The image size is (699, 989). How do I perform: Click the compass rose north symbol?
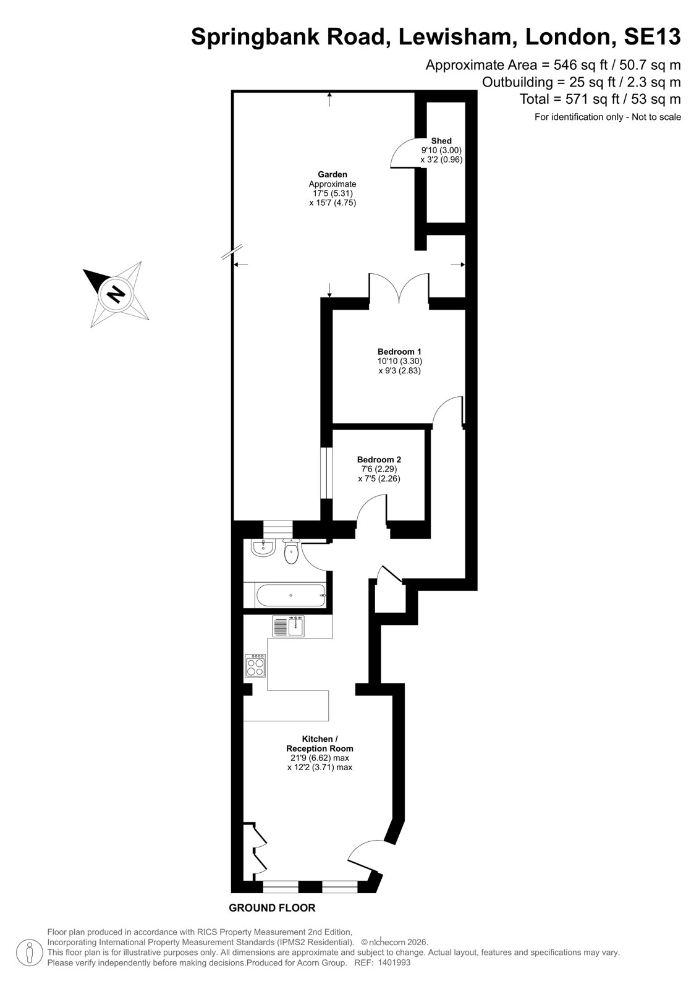116,294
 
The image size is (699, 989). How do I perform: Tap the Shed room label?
441,141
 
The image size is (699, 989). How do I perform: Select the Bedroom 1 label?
399,352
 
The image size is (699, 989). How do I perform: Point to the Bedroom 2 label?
379,460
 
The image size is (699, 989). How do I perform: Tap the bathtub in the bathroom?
290,595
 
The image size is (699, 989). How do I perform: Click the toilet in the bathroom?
292,551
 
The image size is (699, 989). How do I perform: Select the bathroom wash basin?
263,547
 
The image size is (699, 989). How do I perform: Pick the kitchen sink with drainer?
289,626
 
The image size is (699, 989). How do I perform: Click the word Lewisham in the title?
457,37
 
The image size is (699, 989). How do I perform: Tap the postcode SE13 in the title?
652,37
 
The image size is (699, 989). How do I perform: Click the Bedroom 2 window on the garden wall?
326,473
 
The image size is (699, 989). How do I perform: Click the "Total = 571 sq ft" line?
600,99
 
